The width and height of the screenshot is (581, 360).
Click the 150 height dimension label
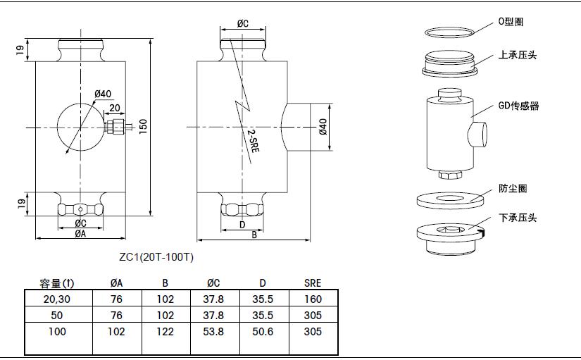[143, 125]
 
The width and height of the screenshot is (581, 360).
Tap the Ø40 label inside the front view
[102, 94]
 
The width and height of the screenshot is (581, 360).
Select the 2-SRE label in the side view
[253, 139]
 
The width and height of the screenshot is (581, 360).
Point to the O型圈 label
[511, 23]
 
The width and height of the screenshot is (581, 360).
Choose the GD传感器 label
[518, 106]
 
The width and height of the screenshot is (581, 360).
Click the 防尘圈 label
[513, 188]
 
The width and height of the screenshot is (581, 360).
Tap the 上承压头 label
[518, 55]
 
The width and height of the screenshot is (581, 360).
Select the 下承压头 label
[518, 218]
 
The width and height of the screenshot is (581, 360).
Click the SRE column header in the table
[313, 283]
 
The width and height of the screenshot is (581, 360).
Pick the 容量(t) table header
[57, 283]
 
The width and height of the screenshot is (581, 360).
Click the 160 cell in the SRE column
[313, 299]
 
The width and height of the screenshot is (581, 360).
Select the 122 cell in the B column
[165, 331]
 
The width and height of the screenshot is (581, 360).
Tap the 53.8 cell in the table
[214, 331]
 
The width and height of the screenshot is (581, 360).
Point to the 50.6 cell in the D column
[263, 331]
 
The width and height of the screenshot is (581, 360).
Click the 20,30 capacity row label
[57, 299]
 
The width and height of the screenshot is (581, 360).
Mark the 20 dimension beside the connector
[115, 108]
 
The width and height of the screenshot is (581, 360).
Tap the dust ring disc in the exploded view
[449, 199]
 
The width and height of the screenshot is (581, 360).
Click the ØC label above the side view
[243, 23]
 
